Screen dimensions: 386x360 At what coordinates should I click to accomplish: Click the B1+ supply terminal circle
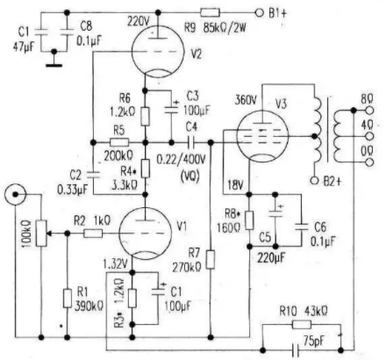point(259,12)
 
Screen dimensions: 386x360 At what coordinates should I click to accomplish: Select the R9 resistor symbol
point(210,12)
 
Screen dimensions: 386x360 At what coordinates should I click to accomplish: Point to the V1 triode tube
point(145,234)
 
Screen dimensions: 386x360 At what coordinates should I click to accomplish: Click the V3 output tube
point(262,136)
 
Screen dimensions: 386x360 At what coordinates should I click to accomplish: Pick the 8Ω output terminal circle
point(369,111)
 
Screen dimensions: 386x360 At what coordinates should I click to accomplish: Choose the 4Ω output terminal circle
point(369,136)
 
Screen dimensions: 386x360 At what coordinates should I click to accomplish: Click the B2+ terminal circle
point(314,181)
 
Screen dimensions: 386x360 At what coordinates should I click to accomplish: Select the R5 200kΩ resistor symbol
point(119,142)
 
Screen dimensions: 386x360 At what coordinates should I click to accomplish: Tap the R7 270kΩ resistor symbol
point(211,260)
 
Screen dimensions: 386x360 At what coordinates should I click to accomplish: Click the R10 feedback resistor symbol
point(302,324)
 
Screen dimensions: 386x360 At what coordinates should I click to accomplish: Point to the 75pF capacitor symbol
point(296,349)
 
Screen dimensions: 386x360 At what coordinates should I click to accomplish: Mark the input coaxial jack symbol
point(15,194)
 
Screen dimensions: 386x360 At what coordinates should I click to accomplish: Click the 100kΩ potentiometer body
point(41,234)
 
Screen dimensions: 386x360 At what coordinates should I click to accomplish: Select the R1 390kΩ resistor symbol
point(68,299)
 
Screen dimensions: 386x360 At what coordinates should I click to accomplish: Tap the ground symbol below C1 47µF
point(54,65)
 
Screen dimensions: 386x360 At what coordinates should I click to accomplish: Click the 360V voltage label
point(246,100)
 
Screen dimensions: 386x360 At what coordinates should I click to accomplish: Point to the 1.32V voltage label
point(116,264)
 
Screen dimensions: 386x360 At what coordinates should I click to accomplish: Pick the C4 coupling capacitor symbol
point(191,142)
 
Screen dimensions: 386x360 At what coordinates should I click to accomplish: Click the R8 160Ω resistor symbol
point(249,220)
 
